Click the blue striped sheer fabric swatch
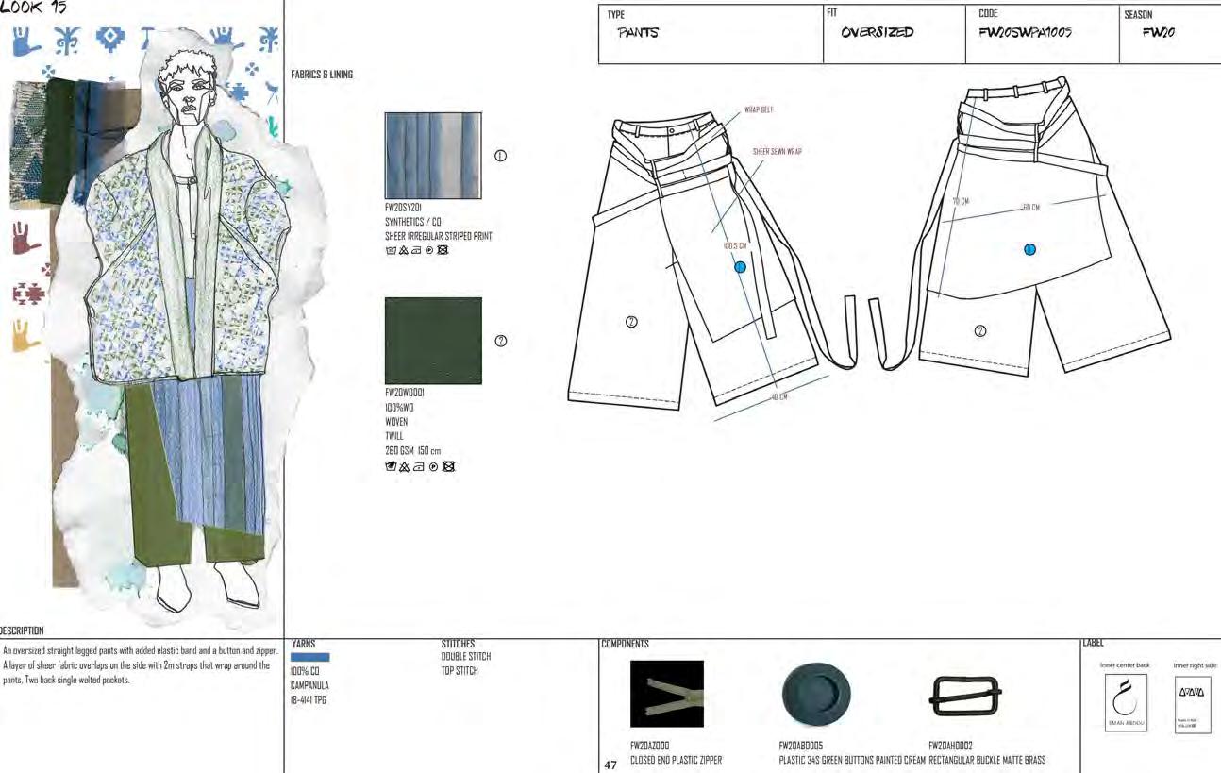[433, 156]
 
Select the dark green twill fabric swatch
[433, 341]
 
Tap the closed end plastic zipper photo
[667, 694]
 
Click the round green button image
[816, 695]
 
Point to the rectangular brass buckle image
[966, 697]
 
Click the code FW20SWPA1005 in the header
[1025, 33]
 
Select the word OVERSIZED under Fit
[877, 33]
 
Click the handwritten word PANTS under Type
[638, 33]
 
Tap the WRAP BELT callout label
[759, 110]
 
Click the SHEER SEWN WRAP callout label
[778, 151]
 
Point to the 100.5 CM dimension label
[736, 246]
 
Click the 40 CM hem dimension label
[778, 397]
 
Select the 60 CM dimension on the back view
[1030, 208]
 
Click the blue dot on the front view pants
[740, 267]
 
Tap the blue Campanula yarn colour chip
[310, 657]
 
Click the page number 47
[610, 765]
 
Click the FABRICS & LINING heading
[322, 75]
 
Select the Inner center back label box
[1125, 704]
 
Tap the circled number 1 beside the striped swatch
[501, 156]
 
